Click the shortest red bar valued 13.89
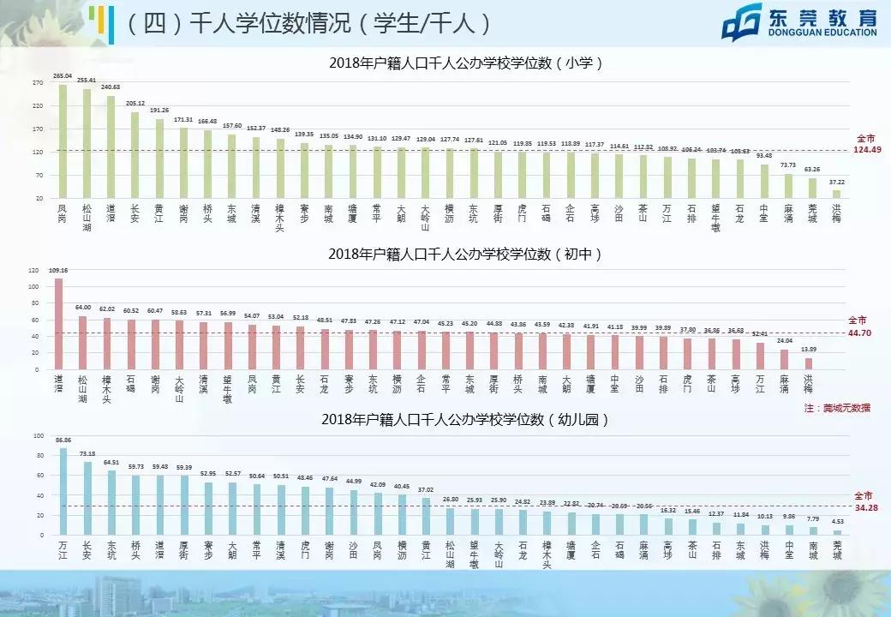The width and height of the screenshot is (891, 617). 808,363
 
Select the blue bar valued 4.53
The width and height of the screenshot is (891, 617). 837,533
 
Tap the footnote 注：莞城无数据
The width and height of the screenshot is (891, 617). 837,408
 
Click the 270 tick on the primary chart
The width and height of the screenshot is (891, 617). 38,83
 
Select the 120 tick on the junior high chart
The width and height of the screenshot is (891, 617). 33,270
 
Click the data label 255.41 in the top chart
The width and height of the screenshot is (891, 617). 87,81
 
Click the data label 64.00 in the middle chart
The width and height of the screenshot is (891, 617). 83,307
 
